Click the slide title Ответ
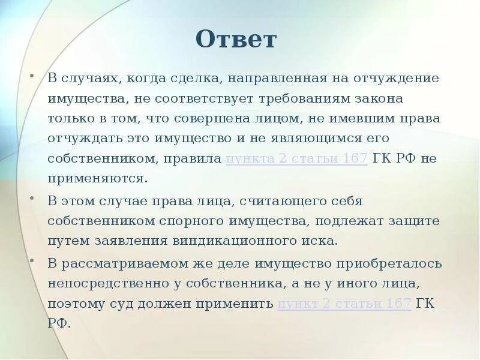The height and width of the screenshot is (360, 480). pyautogui.click(x=236, y=40)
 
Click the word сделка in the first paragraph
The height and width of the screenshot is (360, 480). pyautogui.click(x=193, y=79)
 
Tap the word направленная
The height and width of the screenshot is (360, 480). pyautogui.click(x=271, y=79)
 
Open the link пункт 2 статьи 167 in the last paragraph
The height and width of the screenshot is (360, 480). pyautogui.click(x=344, y=304)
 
